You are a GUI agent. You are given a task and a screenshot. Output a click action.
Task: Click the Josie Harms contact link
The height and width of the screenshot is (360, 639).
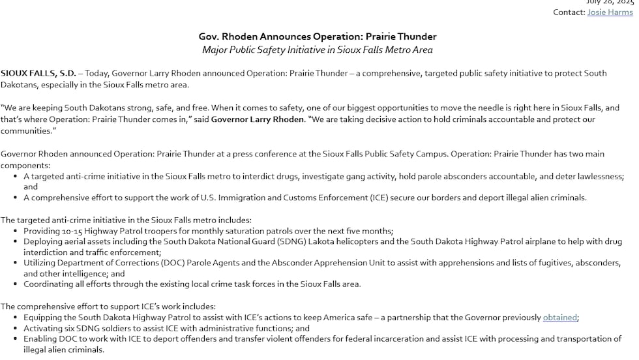[x=610, y=12]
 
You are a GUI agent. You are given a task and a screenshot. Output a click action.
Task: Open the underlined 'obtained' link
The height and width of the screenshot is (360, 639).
[x=559, y=318]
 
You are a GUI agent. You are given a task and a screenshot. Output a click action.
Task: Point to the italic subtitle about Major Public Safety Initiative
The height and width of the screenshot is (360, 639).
[x=318, y=50]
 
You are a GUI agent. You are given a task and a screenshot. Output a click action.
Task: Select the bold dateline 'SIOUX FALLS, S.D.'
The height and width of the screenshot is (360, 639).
[x=38, y=73]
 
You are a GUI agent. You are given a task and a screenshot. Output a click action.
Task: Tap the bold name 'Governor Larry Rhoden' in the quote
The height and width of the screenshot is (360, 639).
[x=258, y=119]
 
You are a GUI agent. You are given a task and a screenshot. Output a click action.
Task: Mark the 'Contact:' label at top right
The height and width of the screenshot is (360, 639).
[x=569, y=12]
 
